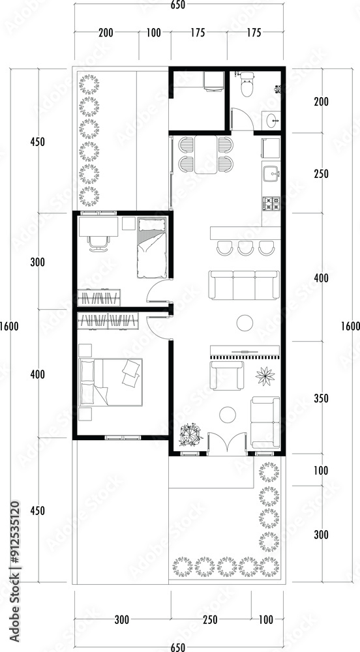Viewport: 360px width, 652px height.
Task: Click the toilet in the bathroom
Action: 247,84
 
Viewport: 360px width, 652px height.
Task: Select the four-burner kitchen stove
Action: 271,203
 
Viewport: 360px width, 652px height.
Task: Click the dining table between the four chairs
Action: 206,155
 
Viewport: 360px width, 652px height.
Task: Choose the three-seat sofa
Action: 244,285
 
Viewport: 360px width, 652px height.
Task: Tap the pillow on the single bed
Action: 151,225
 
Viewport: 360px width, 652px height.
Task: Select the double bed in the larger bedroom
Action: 111,382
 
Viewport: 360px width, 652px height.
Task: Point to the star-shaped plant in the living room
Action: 265,376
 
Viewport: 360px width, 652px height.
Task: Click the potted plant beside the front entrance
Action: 191,436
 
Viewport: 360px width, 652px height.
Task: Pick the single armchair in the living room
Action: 226,376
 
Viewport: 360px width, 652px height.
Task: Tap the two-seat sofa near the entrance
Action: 265,422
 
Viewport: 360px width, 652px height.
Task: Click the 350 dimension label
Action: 321,398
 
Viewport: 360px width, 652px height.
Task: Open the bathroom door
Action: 242,119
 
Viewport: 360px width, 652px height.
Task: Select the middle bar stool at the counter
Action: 246,248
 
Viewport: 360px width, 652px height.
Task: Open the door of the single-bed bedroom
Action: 158,291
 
